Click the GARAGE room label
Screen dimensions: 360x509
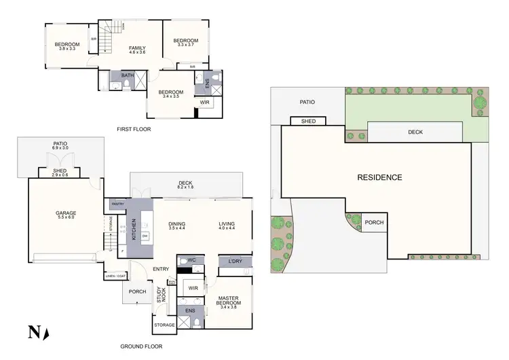[66, 213]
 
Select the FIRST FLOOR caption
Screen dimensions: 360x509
[134, 128]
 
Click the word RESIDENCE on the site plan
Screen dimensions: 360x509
[379, 177]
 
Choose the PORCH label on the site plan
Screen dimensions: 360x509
[374, 222]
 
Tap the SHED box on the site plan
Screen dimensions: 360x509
[307, 122]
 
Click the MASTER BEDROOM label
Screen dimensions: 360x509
[231, 300]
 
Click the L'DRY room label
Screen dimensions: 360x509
[235, 262]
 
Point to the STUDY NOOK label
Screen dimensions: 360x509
[161, 295]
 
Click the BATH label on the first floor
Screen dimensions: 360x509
[127, 75]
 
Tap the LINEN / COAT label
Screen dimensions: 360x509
[115, 276]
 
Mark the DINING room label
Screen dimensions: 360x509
[177, 223]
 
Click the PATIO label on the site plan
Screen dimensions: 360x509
[308, 102]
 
